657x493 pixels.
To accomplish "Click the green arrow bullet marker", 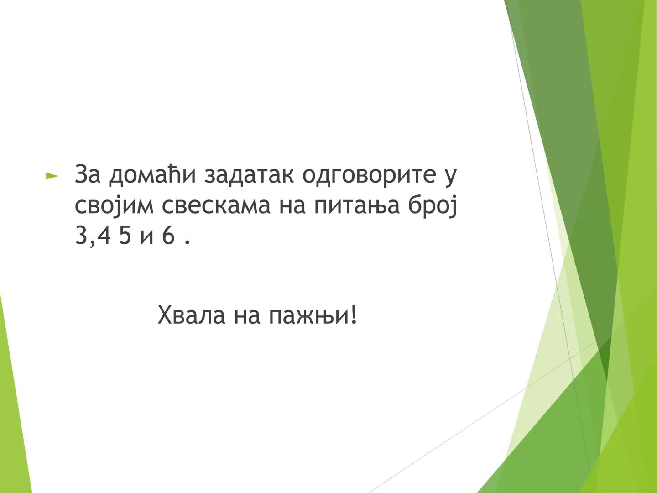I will (x=52, y=176).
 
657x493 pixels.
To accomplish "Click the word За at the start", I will (x=88, y=174).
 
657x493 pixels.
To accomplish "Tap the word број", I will (x=433, y=206).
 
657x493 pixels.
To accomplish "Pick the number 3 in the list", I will (x=81, y=236).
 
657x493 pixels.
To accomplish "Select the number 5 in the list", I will (x=125, y=236).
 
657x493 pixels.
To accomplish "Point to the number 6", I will (x=168, y=236).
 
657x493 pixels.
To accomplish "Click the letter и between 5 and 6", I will (x=147, y=237).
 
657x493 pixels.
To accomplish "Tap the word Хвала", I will (x=191, y=315).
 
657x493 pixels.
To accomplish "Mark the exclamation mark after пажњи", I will (x=354, y=315).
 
